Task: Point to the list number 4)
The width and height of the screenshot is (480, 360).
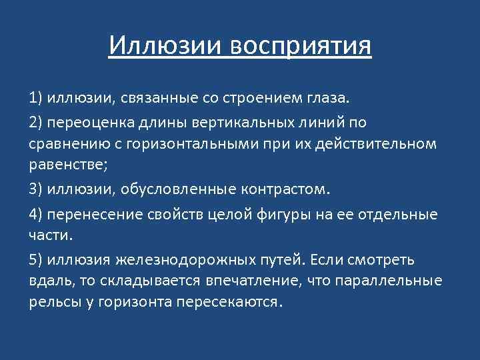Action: [36, 215]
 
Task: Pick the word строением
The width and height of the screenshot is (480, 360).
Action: [253, 99]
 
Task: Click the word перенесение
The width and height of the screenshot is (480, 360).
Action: [89, 215]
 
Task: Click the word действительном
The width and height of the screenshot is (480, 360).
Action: [381, 143]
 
